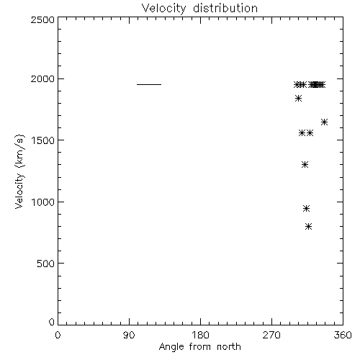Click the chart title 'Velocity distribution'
[199, 8]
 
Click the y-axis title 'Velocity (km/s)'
[19, 171]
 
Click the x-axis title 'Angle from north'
[199, 347]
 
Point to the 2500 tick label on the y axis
[42, 19]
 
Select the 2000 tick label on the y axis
[42, 78]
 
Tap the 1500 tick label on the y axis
[42, 140]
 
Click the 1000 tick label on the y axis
[42, 202]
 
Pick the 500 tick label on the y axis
[45, 264]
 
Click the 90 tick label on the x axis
[129, 335]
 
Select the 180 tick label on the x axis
[200, 335]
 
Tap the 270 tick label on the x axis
[271, 335]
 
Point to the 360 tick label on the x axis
[343, 335]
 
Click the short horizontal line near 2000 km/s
[149, 84]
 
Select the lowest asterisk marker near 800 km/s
[309, 226]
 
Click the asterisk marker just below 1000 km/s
[306, 208]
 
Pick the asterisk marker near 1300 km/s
[305, 165]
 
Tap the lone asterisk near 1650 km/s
[324, 122]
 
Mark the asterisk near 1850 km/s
[298, 99]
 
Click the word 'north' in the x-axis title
[229, 347]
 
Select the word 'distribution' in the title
[225, 8]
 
